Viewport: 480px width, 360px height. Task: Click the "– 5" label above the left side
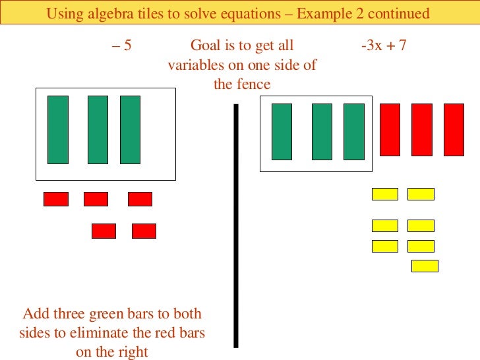coord(121,46)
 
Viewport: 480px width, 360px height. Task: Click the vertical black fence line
coord(235,225)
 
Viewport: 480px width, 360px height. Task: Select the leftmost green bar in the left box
coord(58,129)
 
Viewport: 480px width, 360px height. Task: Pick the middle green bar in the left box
coord(98,129)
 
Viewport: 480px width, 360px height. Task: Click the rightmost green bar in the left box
coord(130,129)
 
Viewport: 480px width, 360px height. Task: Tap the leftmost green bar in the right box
coord(282,132)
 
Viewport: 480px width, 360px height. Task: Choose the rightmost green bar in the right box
coord(354,132)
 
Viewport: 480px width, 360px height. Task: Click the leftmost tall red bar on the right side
coord(390,129)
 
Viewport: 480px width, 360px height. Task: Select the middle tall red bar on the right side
coord(422,129)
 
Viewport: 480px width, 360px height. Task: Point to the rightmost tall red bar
coord(454,129)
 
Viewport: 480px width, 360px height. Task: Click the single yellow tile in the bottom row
coord(425,266)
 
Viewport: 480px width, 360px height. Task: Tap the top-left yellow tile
coord(385,194)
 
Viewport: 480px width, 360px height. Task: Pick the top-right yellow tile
coord(421,194)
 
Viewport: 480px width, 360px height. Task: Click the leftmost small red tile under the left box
coord(56,198)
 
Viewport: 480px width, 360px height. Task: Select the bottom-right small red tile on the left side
coord(144,231)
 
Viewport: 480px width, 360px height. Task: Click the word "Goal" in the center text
coord(205,46)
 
